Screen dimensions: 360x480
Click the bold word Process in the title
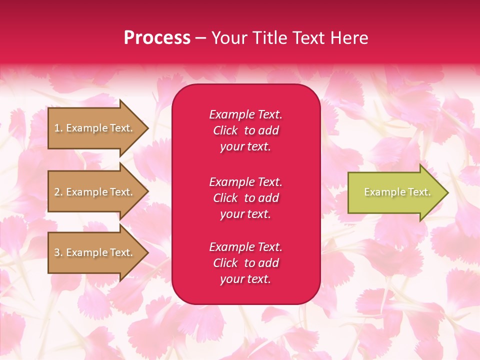[x=157, y=38]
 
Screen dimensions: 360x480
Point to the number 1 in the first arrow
[x=57, y=128]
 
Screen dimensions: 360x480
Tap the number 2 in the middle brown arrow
[x=57, y=192]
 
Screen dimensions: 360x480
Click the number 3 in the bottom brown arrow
[x=57, y=252]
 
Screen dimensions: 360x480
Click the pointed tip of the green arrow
[x=446, y=192]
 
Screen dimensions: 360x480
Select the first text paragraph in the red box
[x=245, y=130]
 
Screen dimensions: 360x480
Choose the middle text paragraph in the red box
[x=245, y=198]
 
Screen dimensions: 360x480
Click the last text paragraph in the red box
[x=245, y=263]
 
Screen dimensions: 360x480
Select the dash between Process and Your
[x=200, y=38]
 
